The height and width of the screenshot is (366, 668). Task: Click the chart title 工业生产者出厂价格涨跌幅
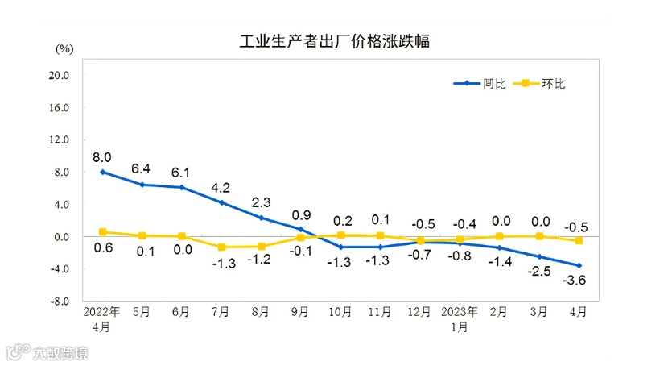pos(334,42)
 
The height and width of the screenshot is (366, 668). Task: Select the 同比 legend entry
pos(480,83)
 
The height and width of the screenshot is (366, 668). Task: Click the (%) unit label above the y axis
pos(64,48)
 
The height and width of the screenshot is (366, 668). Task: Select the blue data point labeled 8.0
pos(103,172)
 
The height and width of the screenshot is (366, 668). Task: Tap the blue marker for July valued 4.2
pos(222,202)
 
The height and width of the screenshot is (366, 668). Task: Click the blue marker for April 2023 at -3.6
pos(579,265)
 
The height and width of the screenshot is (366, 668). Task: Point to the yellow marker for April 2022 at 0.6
pos(103,231)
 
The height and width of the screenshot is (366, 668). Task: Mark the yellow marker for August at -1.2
pos(262,246)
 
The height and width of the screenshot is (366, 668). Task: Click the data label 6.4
pos(142,168)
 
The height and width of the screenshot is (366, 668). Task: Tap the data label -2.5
pos(538,272)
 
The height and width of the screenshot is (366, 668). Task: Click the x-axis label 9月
pos(300,311)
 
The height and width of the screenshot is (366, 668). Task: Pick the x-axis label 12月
pos(419,311)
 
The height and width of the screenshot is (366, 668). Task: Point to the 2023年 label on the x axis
pos(460,311)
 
